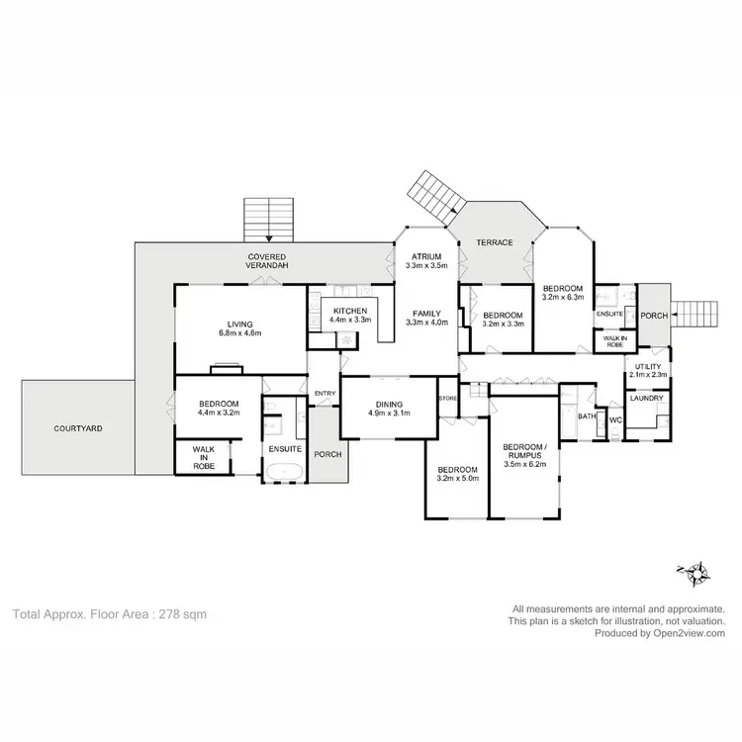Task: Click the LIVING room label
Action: pos(239,324)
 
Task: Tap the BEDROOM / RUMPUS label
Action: pos(524,449)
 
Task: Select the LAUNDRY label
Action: pos(648,399)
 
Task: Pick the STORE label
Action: pos(448,398)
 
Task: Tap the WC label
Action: pos(613,419)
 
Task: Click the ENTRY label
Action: pos(324,394)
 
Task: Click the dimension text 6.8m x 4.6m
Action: pos(239,334)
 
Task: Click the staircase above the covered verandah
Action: pos(270,219)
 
